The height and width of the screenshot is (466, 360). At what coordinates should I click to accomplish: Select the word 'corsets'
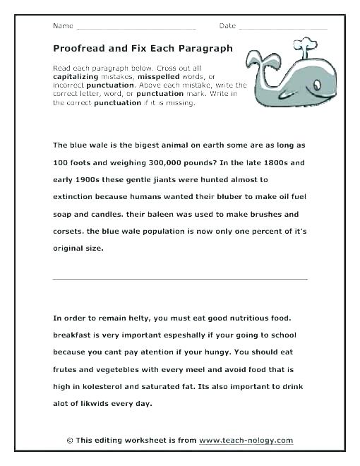(69, 231)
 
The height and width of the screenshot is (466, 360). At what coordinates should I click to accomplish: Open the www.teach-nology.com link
(246, 441)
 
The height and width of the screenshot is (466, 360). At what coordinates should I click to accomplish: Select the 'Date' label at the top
(227, 25)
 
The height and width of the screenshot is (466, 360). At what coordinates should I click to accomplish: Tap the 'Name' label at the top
(63, 25)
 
